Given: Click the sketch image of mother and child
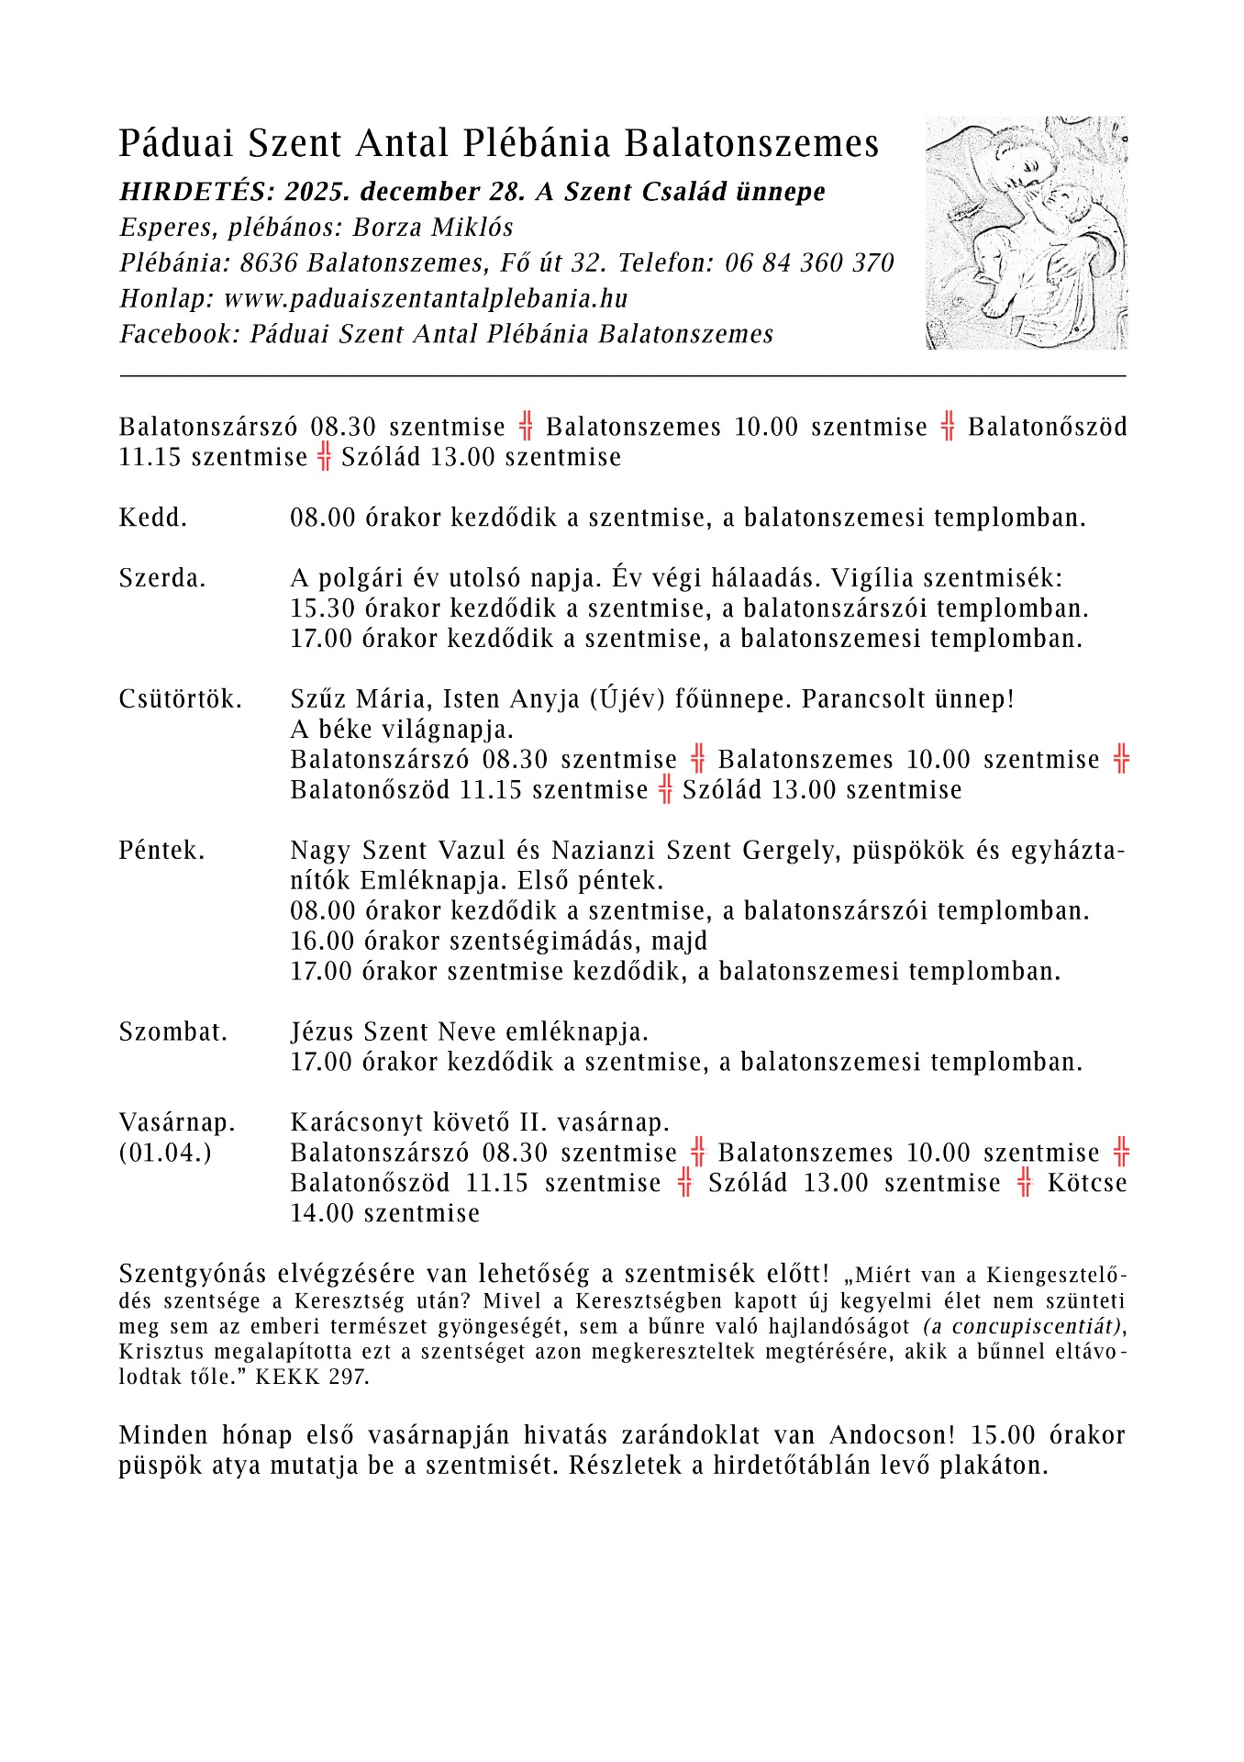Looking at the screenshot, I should (x=1026, y=232).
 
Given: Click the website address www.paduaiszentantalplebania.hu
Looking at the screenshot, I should (x=426, y=298).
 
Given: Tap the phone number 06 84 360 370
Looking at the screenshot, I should (x=809, y=263).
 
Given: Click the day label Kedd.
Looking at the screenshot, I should (x=152, y=518).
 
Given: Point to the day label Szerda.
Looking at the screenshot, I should (x=162, y=578).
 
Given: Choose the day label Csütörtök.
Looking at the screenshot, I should (x=181, y=699).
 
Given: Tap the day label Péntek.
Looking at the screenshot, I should (x=161, y=851).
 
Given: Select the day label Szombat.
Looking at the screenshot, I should (x=172, y=1032).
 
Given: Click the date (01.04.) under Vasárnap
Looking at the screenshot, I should (x=165, y=1153).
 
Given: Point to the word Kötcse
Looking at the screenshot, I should (x=1086, y=1183).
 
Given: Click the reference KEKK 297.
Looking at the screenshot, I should (x=312, y=1377).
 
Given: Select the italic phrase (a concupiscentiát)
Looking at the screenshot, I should (x=1022, y=1326).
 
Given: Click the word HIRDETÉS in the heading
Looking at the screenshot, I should (x=194, y=192).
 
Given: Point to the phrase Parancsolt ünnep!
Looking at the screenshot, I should (x=908, y=699).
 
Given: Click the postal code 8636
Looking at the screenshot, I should (x=269, y=263).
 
